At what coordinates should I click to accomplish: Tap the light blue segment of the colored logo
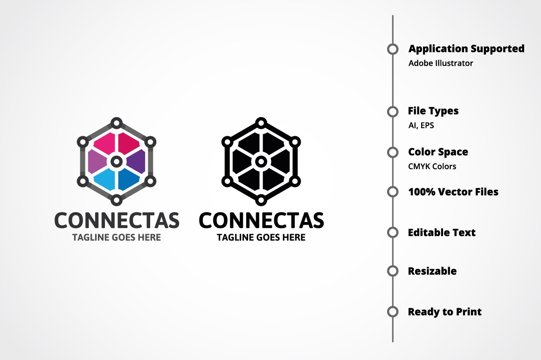(x=105, y=179)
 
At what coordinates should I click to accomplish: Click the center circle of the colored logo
(x=117, y=161)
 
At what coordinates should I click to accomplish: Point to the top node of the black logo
(x=261, y=123)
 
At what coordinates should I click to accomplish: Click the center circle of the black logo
(x=261, y=161)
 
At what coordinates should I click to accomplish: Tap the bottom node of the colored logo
(x=117, y=200)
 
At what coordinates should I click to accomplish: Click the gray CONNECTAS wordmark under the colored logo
(x=117, y=221)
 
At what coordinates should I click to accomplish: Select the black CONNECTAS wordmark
(x=261, y=221)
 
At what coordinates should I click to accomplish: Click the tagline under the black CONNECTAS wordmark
(x=261, y=237)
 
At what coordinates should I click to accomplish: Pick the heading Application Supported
(x=466, y=49)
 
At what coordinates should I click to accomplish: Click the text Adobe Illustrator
(x=441, y=63)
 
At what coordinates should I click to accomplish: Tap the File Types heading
(x=433, y=111)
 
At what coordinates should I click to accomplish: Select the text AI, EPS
(x=421, y=125)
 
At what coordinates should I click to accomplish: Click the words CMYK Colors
(x=432, y=166)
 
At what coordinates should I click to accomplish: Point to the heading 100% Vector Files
(x=453, y=192)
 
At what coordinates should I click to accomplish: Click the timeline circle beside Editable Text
(x=393, y=232)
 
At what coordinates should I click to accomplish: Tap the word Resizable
(x=432, y=271)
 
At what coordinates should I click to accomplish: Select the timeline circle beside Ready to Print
(x=393, y=312)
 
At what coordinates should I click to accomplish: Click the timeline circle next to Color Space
(x=393, y=152)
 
